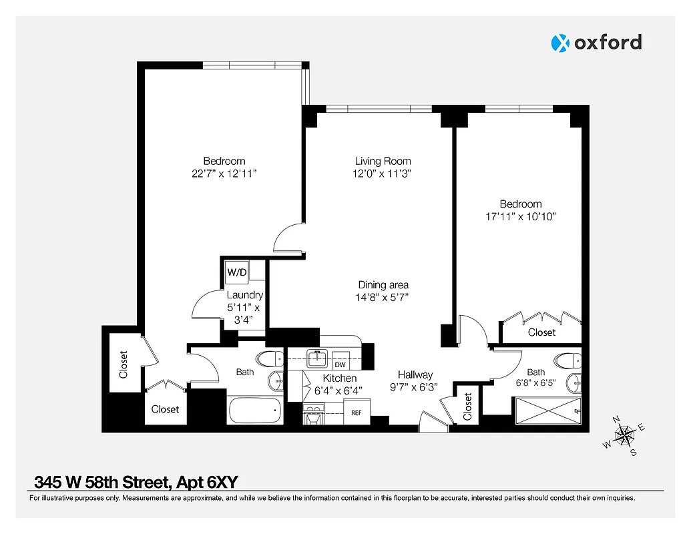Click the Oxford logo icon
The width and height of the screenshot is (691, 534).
[559, 43]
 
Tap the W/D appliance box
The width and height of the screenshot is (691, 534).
[236, 272]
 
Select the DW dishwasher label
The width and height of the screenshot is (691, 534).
[340, 364]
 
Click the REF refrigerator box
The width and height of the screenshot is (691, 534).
[357, 413]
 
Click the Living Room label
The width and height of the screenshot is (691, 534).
[383, 161]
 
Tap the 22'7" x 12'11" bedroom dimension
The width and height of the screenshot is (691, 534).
[224, 174]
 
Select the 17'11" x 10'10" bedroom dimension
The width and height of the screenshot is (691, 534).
[521, 216]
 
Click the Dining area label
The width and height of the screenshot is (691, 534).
[383, 285]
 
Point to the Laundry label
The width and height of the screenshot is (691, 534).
[244, 295]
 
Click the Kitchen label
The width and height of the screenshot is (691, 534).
[340, 378]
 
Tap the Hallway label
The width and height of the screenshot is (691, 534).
[415, 375]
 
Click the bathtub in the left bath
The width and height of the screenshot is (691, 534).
[254, 410]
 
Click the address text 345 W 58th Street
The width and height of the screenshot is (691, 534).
[103, 482]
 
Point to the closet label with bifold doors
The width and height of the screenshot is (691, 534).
[541, 332]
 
